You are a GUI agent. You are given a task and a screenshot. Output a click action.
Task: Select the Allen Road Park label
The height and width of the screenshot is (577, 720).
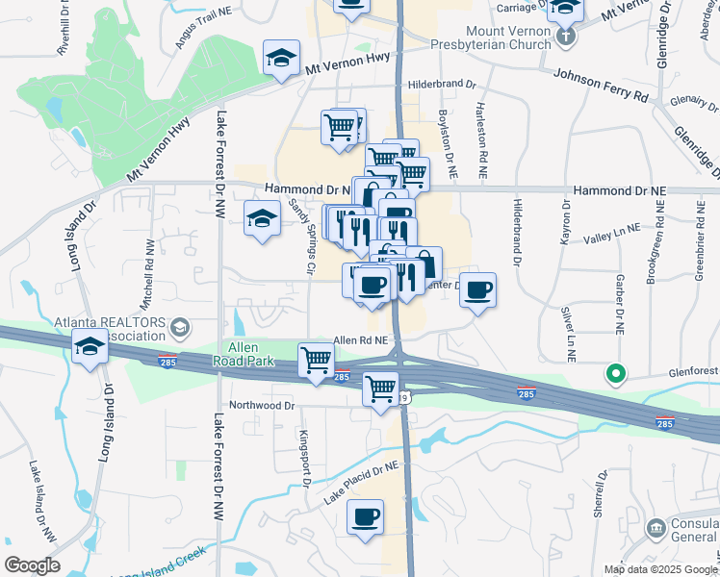[249, 354]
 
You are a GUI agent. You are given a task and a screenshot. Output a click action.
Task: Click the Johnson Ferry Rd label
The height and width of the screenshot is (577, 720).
[600, 85]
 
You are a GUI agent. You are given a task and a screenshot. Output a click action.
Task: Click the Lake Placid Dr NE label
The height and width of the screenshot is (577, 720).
[362, 482]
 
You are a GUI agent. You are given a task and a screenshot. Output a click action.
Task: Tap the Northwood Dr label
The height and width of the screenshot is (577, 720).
[262, 406]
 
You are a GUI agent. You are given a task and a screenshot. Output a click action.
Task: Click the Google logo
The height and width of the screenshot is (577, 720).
[32, 564]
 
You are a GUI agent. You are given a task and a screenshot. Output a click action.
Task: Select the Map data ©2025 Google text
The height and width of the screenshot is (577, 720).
[659, 569]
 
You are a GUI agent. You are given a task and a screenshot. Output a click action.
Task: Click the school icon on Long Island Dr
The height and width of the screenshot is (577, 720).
[90, 346]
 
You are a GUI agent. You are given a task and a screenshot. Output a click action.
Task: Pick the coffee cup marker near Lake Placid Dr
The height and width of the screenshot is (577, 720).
[366, 517]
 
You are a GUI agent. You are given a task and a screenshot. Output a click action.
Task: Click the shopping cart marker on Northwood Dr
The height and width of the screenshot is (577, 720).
[381, 389]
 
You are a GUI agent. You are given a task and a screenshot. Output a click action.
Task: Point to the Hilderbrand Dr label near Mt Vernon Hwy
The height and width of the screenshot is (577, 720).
[443, 85]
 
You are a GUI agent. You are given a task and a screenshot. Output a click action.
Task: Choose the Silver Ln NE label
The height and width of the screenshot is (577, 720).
[569, 334]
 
